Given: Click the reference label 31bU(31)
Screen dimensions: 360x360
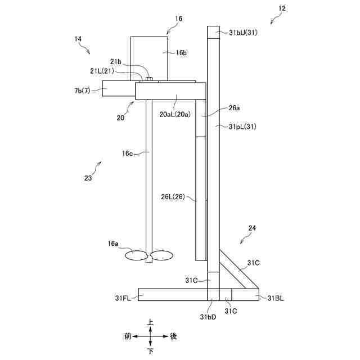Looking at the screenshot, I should click(243, 33).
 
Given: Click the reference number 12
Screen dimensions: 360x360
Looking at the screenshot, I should click(282, 8).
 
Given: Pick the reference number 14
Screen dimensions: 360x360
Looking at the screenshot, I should click(78, 39).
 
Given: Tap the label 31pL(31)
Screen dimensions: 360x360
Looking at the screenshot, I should click(243, 127).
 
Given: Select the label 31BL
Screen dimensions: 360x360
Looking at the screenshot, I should click(276, 298).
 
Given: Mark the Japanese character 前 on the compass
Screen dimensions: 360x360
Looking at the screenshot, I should click(128, 336).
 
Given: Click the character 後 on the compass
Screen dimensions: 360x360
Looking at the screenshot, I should click(173, 336).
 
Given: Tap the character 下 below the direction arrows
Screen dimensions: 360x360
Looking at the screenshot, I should click(150, 351).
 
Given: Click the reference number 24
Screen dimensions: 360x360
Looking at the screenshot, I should click(253, 228).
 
